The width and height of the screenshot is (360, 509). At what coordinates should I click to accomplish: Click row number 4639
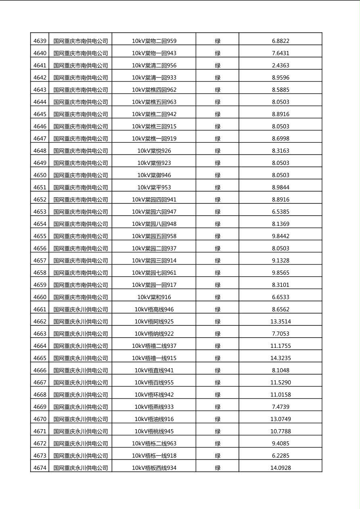tap(40, 41)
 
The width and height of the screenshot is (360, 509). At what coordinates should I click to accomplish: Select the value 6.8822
tap(280, 41)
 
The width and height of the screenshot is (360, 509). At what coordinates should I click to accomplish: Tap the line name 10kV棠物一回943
tap(154, 53)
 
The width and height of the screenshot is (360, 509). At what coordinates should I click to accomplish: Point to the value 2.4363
tap(280, 65)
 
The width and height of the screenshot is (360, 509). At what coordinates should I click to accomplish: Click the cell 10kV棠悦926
tap(154, 151)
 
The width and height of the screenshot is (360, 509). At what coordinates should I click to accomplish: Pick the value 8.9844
tap(280, 187)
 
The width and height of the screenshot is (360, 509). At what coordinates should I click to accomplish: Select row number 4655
tap(40, 236)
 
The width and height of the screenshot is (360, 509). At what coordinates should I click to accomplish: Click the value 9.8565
tap(280, 273)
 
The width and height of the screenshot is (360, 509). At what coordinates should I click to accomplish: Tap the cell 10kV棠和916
tap(154, 297)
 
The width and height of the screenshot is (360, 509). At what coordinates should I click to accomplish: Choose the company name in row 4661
tap(81, 309)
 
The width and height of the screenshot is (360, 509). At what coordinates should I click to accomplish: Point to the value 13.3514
tap(280, 321)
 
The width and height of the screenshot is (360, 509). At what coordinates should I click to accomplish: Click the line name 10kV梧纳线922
tap(154, 334)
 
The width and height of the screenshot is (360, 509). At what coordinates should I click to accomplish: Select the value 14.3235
tap(280, 358)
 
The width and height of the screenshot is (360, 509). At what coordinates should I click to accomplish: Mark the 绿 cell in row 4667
tap(218, 382)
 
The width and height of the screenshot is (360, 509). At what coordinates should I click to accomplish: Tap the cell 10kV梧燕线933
tap(154, 407)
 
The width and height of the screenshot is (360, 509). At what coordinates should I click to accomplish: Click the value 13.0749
tap(280, 419)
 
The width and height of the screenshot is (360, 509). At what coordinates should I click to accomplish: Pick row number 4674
tap(40, 468)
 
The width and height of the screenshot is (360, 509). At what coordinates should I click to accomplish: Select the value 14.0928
tap(280, 468)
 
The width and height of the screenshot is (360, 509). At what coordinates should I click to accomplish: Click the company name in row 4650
tap(81, 175)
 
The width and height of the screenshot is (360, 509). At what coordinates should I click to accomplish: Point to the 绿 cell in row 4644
tap(218, 102)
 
